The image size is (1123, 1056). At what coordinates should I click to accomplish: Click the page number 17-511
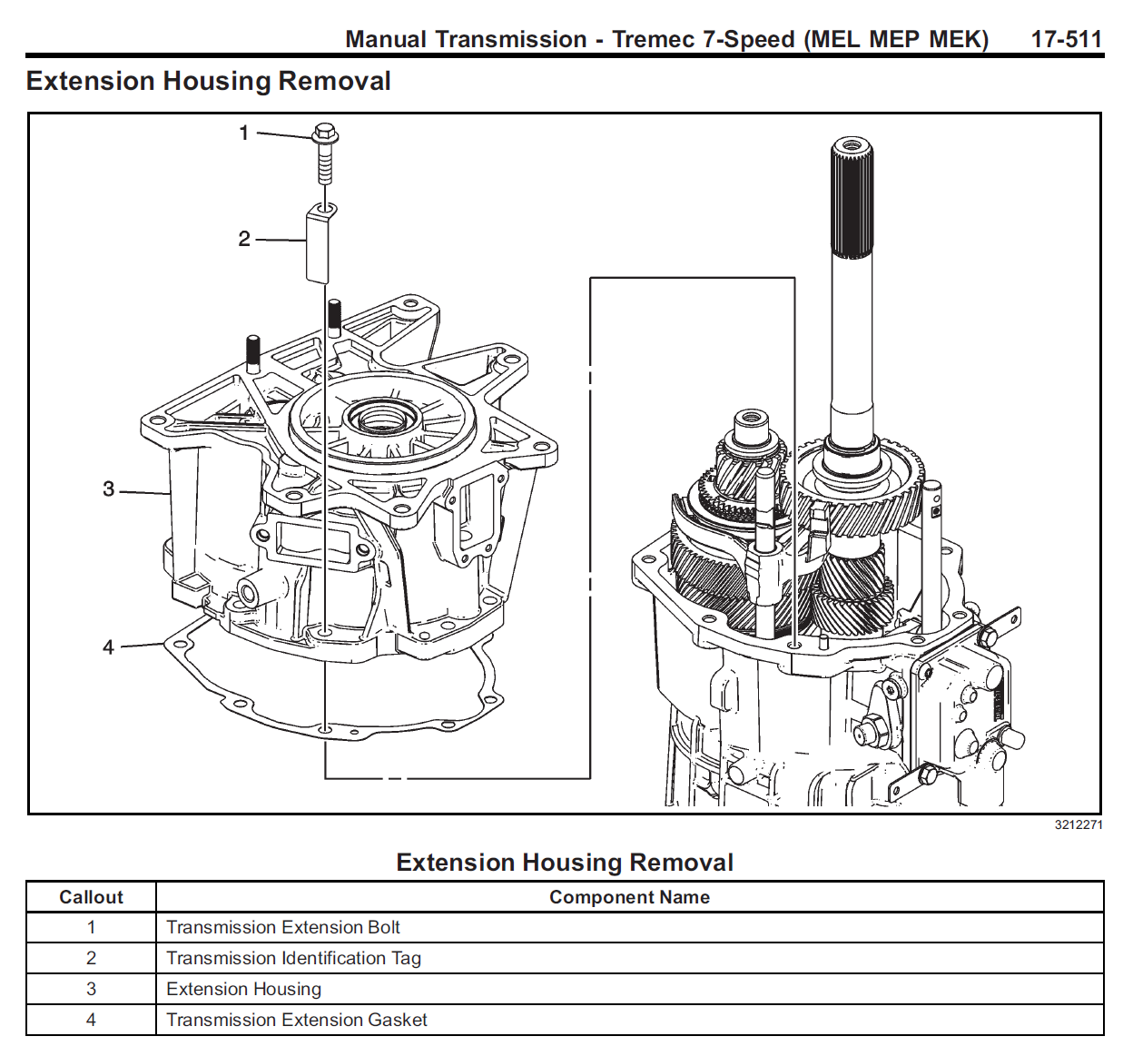point(1066,39)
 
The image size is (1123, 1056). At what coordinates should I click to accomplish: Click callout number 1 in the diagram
point(243,133)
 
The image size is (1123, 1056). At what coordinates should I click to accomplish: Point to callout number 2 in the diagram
point(243,239)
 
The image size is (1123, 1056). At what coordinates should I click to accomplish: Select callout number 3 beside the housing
point(109,489)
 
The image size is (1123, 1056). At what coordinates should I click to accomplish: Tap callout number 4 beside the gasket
point(109,647)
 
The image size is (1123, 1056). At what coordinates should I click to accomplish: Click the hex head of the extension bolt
point(324,135)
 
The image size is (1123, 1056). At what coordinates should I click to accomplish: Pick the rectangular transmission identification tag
point(318,243)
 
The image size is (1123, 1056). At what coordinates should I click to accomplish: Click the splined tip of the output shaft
point(852,196)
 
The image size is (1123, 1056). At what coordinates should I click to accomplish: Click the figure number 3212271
point(1078,824)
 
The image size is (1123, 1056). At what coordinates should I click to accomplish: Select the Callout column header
point(91,897)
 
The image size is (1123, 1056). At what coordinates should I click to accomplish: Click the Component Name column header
point(629,897)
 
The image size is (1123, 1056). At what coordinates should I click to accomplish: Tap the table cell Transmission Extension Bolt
point(283,927)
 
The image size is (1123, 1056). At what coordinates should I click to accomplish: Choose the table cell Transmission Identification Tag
point(293,958)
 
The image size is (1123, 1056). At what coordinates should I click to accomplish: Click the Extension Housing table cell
point(243,989)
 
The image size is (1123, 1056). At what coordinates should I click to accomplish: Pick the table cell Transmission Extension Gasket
point(297,1020)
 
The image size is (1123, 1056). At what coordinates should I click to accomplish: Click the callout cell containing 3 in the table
point(91,989)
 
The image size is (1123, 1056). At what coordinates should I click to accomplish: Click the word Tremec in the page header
point(653,39)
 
